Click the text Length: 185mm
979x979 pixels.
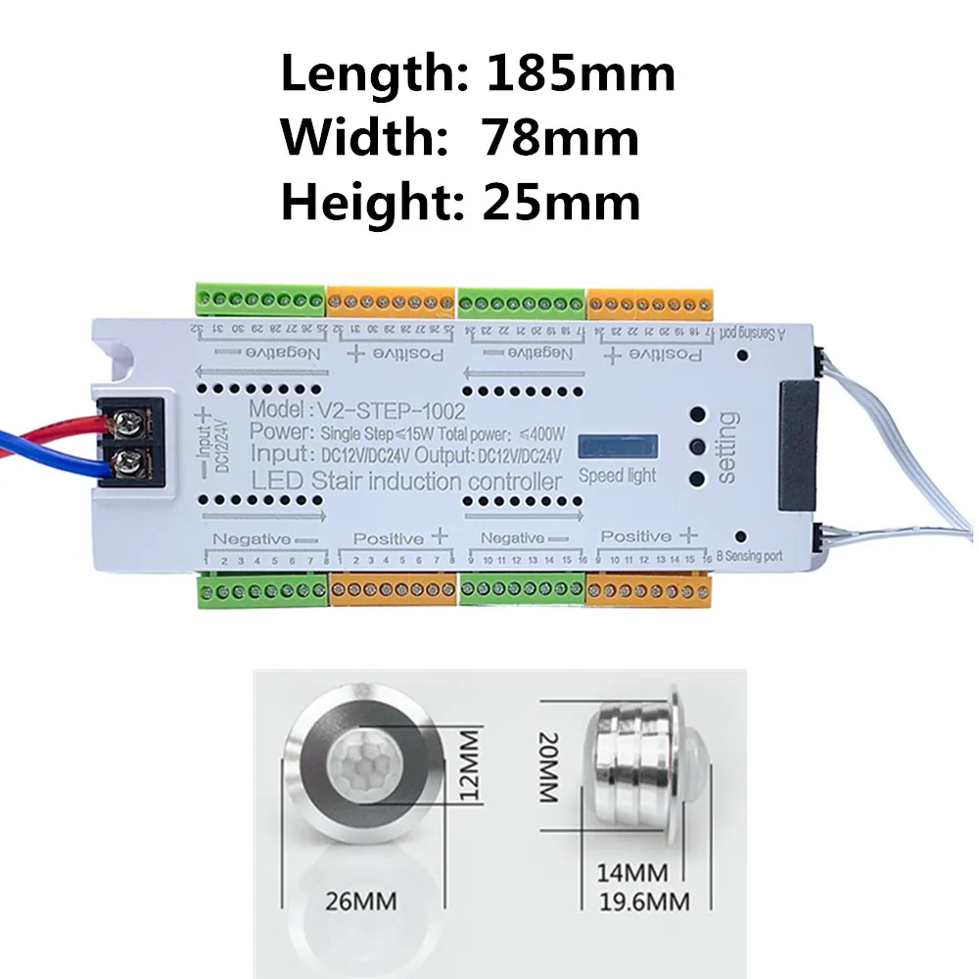(x=478, y=74)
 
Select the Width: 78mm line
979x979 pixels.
(x=460, y=139)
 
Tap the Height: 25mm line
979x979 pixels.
(x=461, y=204)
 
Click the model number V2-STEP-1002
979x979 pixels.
(x=356, y=410)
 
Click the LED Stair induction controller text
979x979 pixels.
(x=406, y=482)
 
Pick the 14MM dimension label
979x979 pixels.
(x=631, y=871)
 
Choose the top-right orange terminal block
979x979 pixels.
(x=651, y=301)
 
